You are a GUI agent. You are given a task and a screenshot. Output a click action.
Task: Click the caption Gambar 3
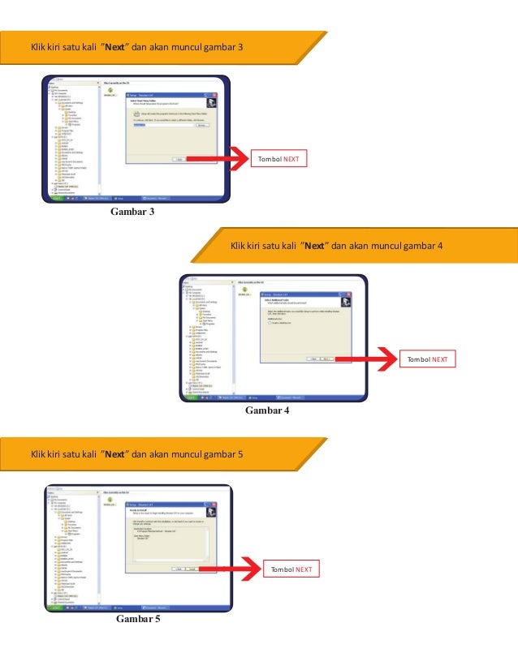coord(127,213)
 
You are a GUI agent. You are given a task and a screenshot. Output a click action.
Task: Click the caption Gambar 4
coord(266,410)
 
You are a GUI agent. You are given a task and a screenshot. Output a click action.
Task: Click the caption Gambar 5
coord(138,620)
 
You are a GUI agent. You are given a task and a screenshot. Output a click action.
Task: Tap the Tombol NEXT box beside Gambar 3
coord(278,159)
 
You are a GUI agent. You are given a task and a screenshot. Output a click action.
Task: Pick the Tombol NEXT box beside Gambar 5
coord(291,569)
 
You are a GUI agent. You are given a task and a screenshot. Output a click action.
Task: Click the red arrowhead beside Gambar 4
coord(386,359)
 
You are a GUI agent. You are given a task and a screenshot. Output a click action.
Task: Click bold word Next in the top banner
coord(114,48)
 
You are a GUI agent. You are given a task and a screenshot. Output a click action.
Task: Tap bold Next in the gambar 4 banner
coord(315,246)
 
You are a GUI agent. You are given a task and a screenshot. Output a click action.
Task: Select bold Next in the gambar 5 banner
coord(114,453)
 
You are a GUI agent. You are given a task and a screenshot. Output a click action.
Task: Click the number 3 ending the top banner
coord(240,48)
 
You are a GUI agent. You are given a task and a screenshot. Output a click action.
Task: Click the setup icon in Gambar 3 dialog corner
coord(209,102)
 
